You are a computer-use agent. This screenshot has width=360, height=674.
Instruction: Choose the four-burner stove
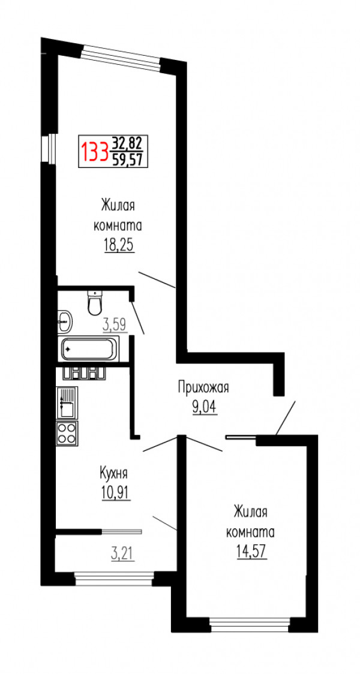67,432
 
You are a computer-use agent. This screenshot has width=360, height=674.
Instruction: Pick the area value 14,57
250,550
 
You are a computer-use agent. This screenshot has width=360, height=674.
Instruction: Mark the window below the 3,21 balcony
115,578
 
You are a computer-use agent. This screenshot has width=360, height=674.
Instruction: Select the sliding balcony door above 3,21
121,531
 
